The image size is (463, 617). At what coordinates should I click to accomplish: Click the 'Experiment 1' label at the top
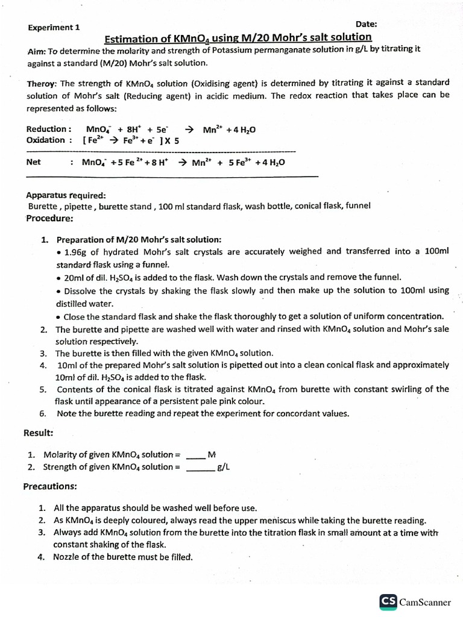click(54, 27)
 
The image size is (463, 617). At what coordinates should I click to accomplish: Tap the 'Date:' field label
click(367, 24)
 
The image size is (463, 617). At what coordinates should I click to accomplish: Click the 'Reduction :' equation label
click(49, 129)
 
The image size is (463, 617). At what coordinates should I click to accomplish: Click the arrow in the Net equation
click(182, 163)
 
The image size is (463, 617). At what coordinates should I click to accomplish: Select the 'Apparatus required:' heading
click(66, 195)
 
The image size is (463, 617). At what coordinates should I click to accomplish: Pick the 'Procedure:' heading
click(49, 218)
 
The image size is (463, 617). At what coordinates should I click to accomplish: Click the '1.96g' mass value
click(75, 252)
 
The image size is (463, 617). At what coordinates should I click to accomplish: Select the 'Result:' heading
click(38, 433)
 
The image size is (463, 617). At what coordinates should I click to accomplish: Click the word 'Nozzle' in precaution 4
click(67, 557)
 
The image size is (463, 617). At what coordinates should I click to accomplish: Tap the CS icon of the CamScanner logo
click(388, 601)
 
